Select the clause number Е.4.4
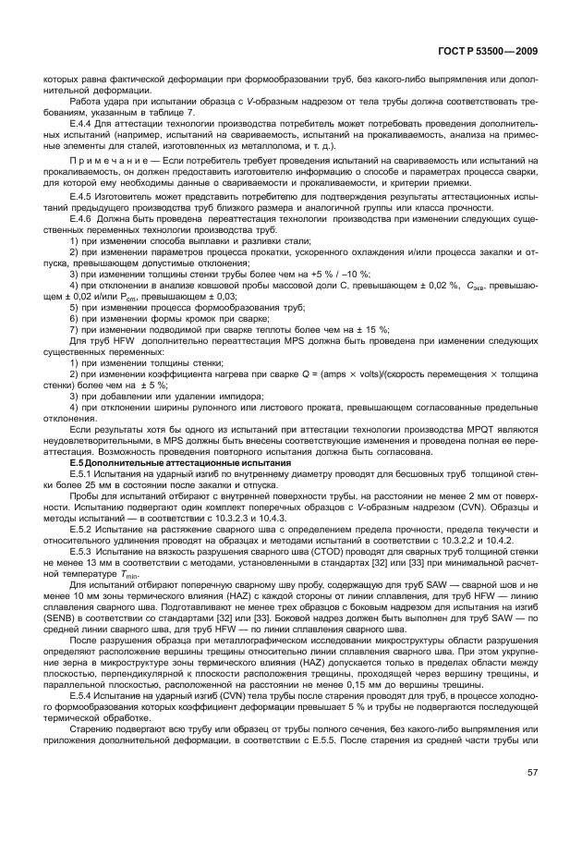click(84, 122)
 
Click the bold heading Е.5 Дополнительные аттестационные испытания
click(154, 462)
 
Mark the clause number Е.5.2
click(84, 525)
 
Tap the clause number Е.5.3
click(84, 551)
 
